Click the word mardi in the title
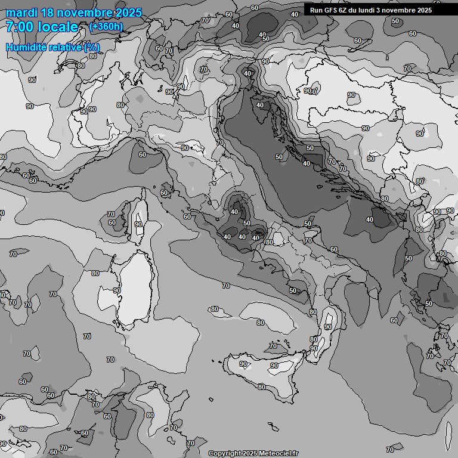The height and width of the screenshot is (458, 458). [21, 13]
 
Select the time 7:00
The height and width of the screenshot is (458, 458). [19, 27]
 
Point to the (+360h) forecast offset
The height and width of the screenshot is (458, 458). [106, 26]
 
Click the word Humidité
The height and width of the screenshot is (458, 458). [27, 47]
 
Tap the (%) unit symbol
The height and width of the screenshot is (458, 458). [92, 47]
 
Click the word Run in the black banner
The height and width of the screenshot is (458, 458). [315, 10]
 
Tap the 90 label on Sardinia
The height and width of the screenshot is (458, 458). [117, 290]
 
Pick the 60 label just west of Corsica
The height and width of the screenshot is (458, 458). [112, 222]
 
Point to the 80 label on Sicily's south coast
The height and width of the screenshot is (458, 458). [261, 387]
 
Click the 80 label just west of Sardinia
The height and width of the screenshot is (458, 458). [95, 273]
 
